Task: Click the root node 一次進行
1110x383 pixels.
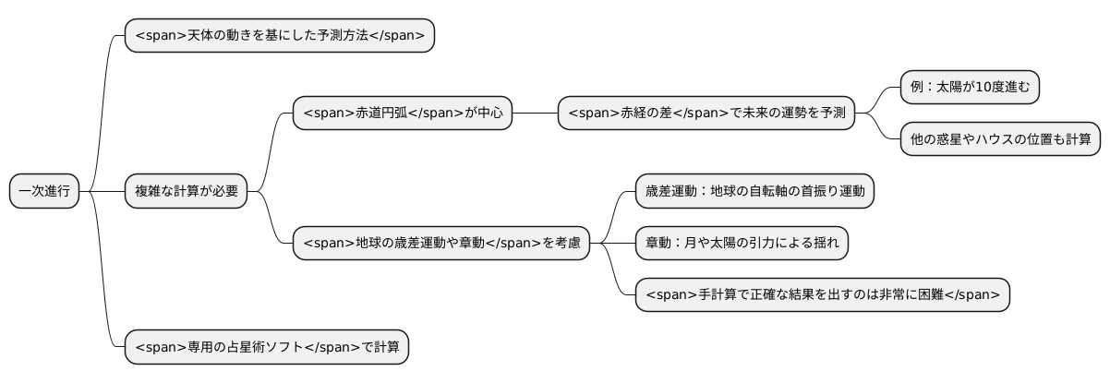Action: tap(44, 191)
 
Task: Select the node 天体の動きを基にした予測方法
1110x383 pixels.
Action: tap(279, 36)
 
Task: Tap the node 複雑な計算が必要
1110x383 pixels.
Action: tap(186, 191)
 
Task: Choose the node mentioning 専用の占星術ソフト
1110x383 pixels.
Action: tap(266, 347)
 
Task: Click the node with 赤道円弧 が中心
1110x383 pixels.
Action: tap(402, 114)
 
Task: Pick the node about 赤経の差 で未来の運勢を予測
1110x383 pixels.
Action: tap(706, 114)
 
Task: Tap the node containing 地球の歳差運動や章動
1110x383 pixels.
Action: tap(440, 244)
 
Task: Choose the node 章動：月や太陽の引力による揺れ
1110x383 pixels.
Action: tap(742, 244)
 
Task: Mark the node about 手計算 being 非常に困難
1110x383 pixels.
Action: tap(822, 295)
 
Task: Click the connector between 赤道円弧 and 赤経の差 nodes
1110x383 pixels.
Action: tap(535, 114)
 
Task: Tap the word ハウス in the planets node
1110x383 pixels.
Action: tap(1008, 139)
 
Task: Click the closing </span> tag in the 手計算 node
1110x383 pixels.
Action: tap(968, 295)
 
